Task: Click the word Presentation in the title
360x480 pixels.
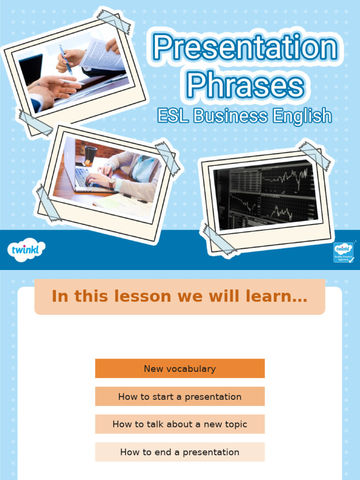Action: point(245,48)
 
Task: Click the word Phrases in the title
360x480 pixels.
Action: point(245,85)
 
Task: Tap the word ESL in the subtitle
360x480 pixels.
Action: point(173,116)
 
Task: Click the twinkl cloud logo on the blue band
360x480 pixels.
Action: point(26,249)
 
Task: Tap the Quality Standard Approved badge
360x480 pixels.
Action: point(343,252)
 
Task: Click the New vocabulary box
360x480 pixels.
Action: point(180,368)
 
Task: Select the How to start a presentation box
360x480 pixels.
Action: point(180,397)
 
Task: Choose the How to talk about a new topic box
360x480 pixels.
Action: point(180,424)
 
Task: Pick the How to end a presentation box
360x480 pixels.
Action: point(180,452)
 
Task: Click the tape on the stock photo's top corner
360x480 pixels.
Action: point(315,155)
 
